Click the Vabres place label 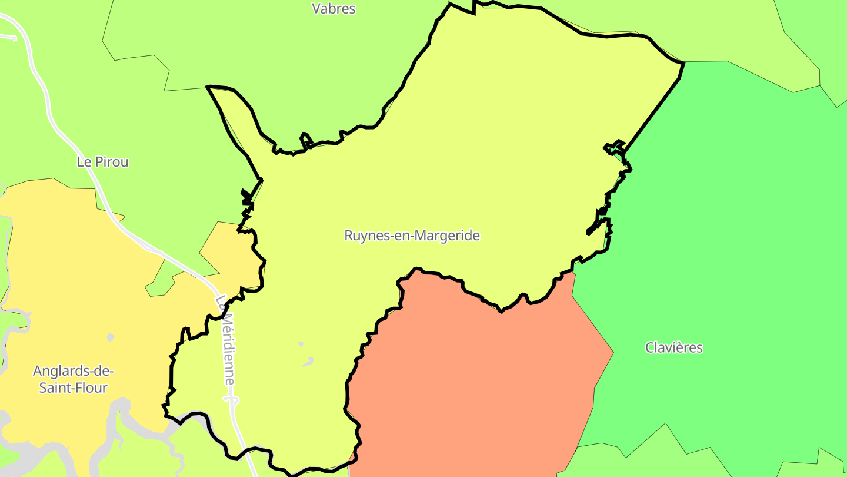[x=334, y=8]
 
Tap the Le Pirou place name [x=103, y=162]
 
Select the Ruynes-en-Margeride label [x=412, y=236]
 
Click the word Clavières [x=674, y=347]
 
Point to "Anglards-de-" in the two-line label [x=73, y=371]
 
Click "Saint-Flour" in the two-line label [x=73, y=388]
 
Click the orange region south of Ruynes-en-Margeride [x=471, y=383]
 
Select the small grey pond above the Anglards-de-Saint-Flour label [x=110, y=337]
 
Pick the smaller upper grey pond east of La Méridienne [x=301, y=343]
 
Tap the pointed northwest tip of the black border [x=208, y=87]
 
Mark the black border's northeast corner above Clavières [x=683, y=62]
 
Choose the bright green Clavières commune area [x=735, y=236]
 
